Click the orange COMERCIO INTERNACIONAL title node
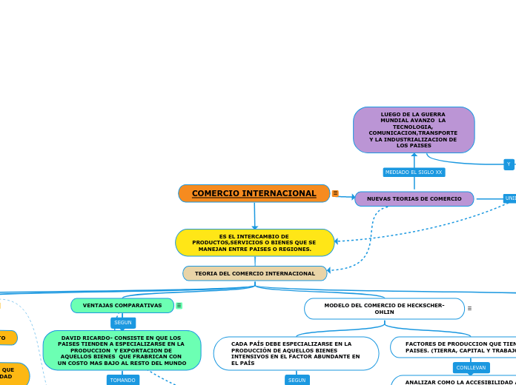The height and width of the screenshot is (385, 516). point(254,193)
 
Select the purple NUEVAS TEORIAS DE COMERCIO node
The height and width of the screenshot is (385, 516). point(414,198)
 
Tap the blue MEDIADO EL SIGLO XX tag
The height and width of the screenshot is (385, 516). point(414,172)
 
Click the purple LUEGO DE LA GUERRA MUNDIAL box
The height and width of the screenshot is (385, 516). point(414,130)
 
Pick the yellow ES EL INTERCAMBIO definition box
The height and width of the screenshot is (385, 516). point(254,243)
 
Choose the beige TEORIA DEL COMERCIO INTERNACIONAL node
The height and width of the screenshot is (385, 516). point(254,273)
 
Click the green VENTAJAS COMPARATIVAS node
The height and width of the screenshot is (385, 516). point(122,305)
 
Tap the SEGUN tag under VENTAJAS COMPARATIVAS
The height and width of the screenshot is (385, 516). point(123,323)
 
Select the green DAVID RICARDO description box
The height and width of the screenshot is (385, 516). point(122,350)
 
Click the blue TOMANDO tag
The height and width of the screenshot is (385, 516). point(122,380)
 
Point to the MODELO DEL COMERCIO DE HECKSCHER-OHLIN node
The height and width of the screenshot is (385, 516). point(384,309)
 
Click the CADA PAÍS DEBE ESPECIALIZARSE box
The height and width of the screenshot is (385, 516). point(296,353)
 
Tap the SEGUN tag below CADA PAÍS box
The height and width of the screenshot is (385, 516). point(297,380)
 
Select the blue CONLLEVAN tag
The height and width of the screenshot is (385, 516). point(471,367)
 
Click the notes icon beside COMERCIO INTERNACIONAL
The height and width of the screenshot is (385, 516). point(335,193)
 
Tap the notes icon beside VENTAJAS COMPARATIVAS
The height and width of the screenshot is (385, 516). point(179,305)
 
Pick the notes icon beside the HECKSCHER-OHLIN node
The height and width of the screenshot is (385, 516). point(469,308)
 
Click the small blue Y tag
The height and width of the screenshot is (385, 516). point(509,164)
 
